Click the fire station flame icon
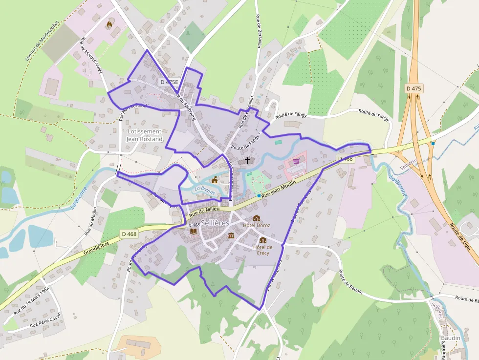click(x=109, y=23)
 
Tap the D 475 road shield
click(x=414, y=88)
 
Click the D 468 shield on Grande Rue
click(x=129, y=234)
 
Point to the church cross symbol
click(x=247, y=160)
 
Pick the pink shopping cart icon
click(x=296, y=161)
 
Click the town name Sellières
click(x=215, y=223)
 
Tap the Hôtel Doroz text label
click(x=257, y=225)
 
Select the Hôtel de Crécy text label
click(x=263, y=250)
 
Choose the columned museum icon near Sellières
click(x=231, y=236)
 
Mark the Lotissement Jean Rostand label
click(x=144, y=135)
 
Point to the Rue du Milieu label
click(x=205, y=211)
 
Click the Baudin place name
click(x=450, y=338)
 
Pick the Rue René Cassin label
click(x=45, y=320)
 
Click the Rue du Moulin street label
click(x=90, y=220)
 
